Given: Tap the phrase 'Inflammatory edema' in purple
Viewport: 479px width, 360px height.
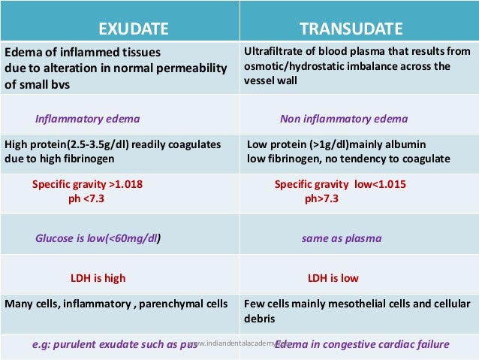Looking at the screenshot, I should pyautogui.click(x=87, y=119).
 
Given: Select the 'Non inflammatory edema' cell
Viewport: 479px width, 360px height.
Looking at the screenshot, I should pyautogui.click(x=344, y=119).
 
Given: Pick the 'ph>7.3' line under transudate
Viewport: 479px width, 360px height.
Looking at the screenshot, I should pyautogui.click(x=321, y=199).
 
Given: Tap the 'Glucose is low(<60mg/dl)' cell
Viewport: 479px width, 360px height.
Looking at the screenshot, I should pyautogui.click(x=98, y=238).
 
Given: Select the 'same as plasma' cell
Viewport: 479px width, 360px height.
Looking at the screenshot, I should pyautogui.click(x=342, y=238).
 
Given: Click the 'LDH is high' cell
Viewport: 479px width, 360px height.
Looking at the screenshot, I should pyautogui.click(x=98, y=278).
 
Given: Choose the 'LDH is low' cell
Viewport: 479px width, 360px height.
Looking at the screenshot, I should pyautogui.click(x=333, y=278).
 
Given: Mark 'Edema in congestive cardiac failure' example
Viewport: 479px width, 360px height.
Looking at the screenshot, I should pyautogui.click(x=363, y=344).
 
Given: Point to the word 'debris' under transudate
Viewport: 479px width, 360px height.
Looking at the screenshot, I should pyautogui.click(x=261, y=319).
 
